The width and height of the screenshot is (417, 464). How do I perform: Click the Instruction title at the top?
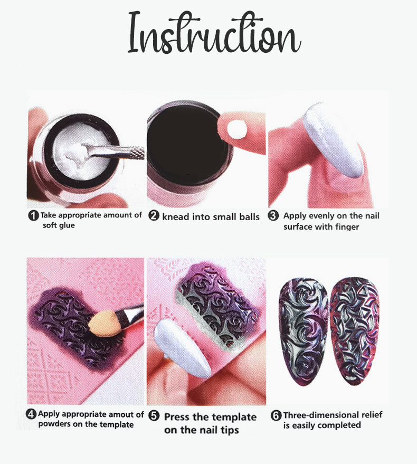pos(214,34)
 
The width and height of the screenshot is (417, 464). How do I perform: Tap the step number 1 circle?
pos(33,215)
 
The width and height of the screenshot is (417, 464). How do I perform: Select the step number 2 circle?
pos(154,216)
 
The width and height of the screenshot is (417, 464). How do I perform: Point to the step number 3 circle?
pos(273,215)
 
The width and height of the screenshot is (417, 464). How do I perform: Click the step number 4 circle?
pos(31,414)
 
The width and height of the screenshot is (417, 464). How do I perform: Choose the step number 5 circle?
pos(154,416)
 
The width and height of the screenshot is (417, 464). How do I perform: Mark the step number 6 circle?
pos(276,415)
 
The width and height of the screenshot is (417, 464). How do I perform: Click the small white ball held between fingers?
pos(236,129)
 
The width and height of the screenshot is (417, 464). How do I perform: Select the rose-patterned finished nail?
pos(304,332)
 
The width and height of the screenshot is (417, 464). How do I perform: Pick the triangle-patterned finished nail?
pos(354,331)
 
